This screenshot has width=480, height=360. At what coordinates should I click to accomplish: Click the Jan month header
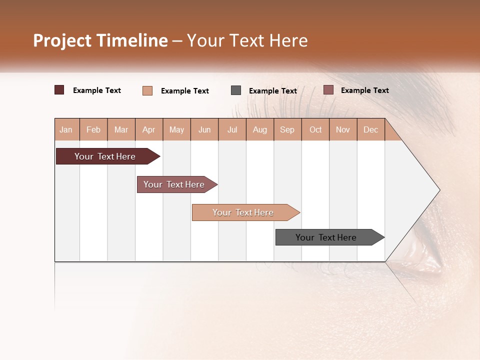coord(66,129)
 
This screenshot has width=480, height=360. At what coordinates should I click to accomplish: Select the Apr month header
coord(148,129)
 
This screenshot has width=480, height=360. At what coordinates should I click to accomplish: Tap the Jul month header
coord(232,129)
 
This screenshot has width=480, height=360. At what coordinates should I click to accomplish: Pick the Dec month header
coord(370,129)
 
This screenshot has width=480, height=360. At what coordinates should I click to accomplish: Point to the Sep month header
coord(287,129)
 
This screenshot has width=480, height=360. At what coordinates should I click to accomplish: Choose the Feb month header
coord(93,129)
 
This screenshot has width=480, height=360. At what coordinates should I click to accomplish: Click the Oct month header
coord(315,129)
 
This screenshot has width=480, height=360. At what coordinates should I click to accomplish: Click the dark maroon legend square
coord(59,90)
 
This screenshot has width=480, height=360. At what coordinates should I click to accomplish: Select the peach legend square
coord(147,90)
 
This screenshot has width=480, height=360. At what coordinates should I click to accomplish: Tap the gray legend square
coord(236,90)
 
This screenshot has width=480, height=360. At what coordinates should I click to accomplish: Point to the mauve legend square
coord(328,90)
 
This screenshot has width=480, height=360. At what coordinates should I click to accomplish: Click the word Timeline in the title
coord(132,40)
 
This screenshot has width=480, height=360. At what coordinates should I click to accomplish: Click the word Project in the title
coord(62,40)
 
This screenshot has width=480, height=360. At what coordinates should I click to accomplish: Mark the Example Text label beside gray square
coord(273,91)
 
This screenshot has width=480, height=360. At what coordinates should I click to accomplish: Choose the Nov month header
coord(343,129)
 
